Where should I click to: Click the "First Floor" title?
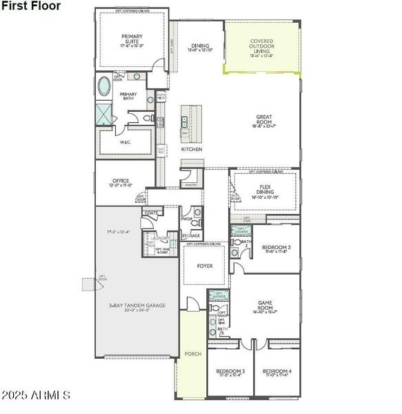point(31,6)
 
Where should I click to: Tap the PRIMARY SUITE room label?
point(132,39)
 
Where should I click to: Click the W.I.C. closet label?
point(125,142)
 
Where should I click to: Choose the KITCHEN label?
point(192,149)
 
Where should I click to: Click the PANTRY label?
point(190,184)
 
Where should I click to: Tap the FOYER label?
point(205,266)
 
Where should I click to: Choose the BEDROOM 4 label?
point(277,371)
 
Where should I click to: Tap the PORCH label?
point(193,354)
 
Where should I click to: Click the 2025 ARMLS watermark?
point(35,395)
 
